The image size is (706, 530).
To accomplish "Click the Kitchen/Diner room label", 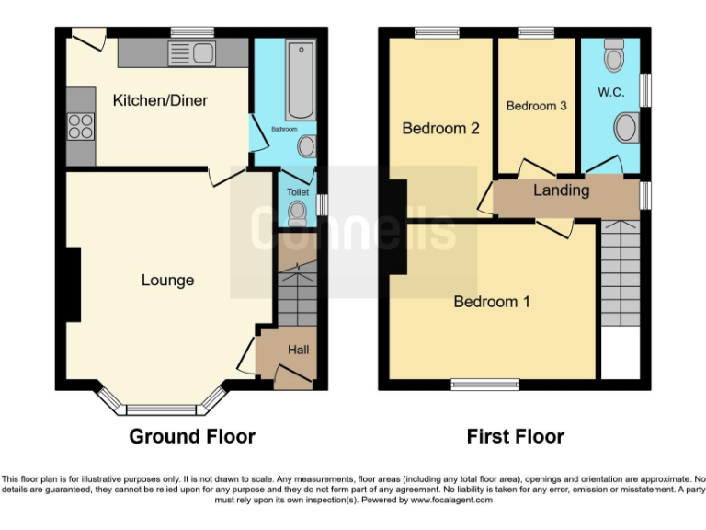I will click(160, 99).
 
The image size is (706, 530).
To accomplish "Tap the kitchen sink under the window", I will click(190, 54).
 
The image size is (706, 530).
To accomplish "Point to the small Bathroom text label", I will click(284, 130).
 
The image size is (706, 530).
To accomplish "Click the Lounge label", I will click(167, 280).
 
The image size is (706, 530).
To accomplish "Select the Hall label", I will click(299, 350).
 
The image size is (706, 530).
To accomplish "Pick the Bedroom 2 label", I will click(440, 129).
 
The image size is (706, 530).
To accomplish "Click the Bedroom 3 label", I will click(536, 106).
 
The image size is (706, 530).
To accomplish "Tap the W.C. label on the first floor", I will click(611, 92).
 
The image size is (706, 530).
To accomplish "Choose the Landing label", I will click(561, 190).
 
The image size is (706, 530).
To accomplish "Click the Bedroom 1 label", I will click(492, 301).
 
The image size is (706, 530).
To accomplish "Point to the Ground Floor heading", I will click(192, 435).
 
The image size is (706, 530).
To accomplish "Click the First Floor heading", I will click(516, 435).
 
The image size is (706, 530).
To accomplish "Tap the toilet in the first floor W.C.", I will click(614, 57).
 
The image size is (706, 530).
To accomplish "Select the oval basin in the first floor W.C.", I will click(626, 127).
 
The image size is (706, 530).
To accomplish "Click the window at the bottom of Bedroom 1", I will click(481, 385).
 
